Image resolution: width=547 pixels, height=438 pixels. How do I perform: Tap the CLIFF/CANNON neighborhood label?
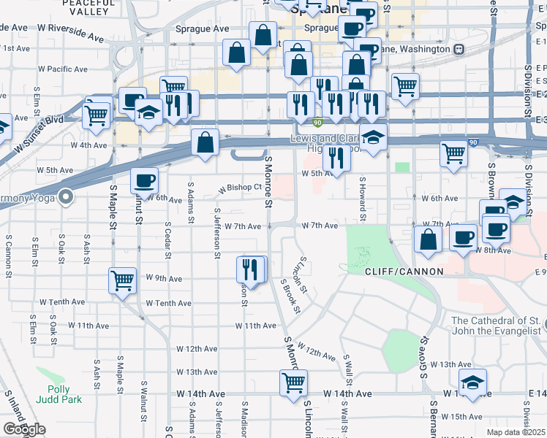[404, 271]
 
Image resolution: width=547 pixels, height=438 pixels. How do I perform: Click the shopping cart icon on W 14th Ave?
[293, 383]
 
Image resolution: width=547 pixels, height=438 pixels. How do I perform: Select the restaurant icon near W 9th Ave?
[251, 269]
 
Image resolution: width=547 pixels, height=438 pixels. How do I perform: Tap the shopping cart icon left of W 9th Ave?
[123, 280]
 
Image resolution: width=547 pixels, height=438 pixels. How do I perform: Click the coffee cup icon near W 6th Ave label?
[143, 180]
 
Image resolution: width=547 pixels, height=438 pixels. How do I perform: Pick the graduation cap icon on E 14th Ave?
[472, 382]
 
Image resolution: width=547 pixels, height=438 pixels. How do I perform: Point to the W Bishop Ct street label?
[241, 188]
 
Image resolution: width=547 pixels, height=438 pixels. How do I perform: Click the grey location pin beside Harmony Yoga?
[66, 196]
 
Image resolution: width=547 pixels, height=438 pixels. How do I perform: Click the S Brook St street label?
[291, 295]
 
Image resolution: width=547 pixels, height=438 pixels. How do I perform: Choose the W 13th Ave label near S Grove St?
[450, 364]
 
